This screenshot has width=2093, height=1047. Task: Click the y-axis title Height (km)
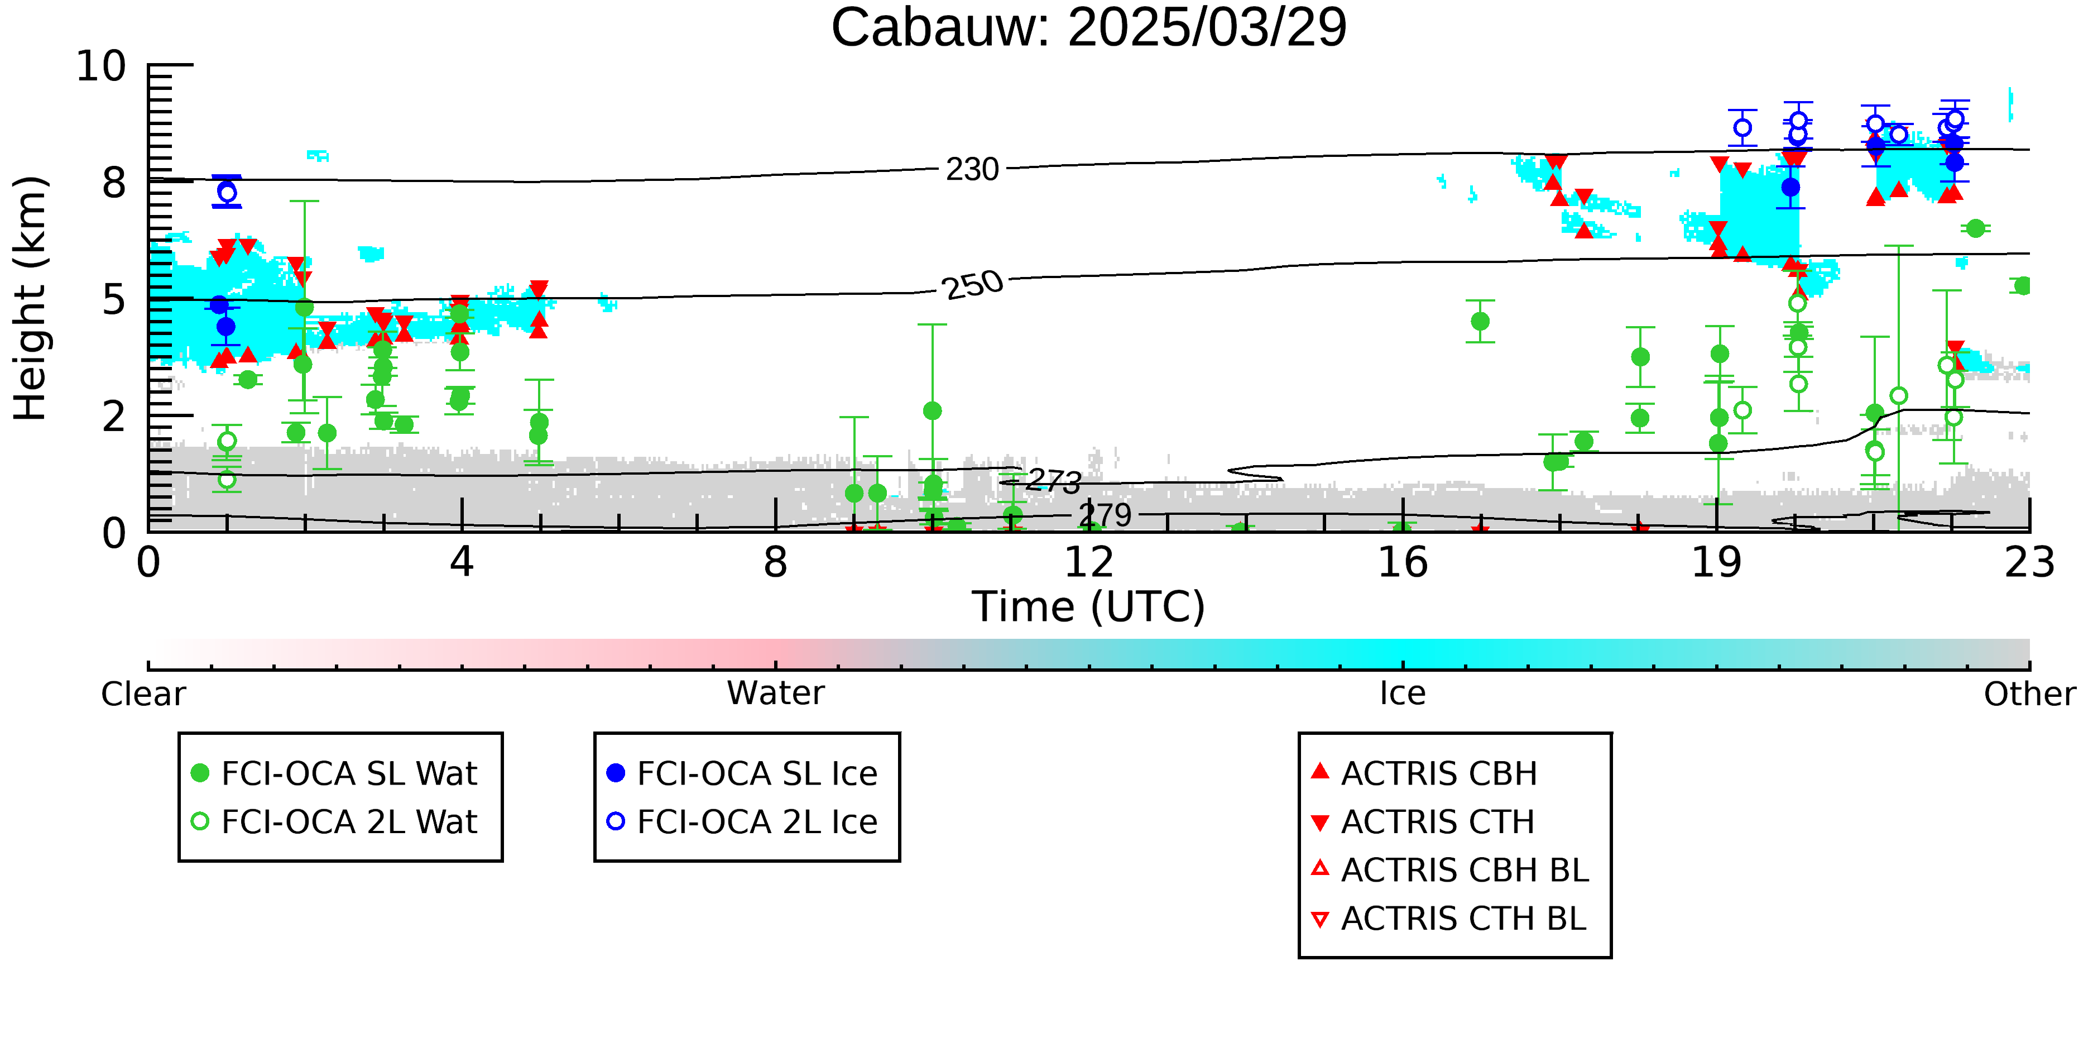(30, 298)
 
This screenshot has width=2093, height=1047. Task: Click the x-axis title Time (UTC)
(1089, 607)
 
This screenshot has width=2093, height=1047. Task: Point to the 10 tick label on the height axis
(102, 66)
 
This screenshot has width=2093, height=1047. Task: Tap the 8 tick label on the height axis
(114, 183)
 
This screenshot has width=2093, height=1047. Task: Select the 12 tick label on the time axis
(1089, 562)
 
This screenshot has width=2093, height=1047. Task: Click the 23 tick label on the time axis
(2029, 562)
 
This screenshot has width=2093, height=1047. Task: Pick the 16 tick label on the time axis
(1403, 562)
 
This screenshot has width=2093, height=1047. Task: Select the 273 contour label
(1053, 481)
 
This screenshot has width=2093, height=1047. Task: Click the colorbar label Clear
(143, 694)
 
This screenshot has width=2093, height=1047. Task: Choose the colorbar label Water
(775, 694)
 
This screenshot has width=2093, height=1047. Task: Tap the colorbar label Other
(2029, 694)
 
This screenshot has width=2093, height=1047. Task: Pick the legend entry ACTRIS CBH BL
(1449, 870)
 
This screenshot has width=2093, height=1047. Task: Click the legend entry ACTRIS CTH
(1423, 822)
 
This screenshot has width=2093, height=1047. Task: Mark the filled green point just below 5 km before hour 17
(1480, 321)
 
